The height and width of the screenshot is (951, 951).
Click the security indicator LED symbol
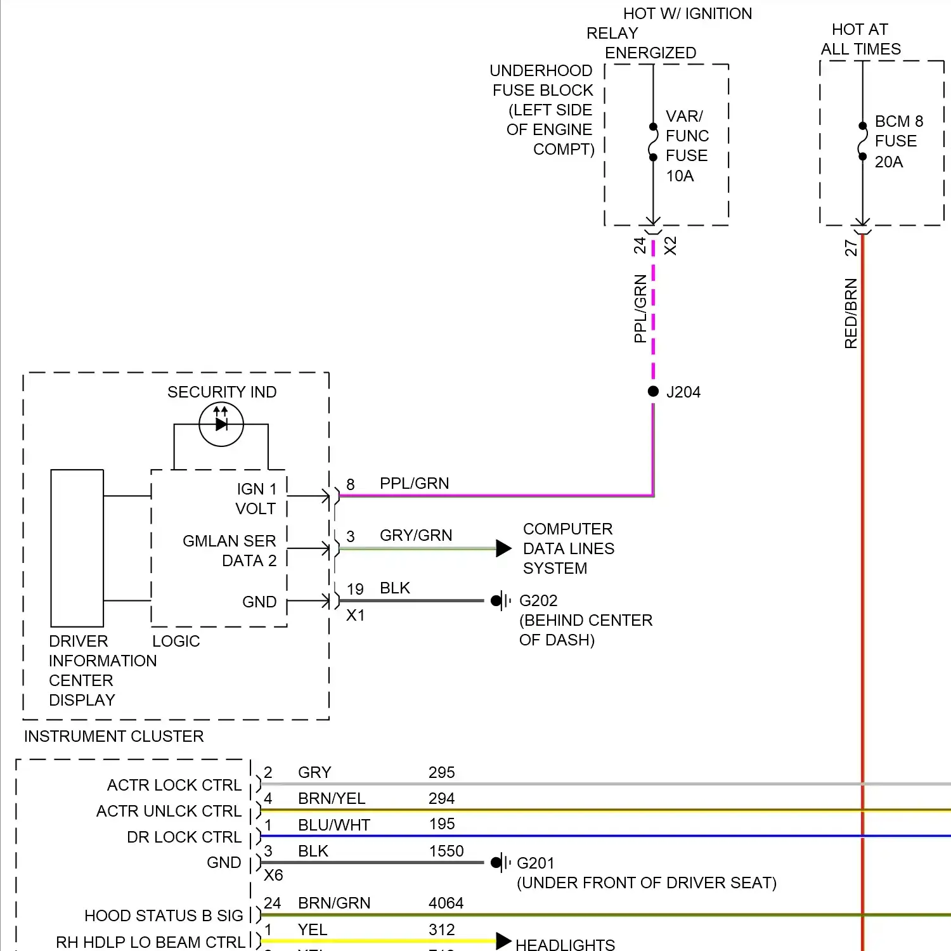221,424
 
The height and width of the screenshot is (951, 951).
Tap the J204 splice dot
653,391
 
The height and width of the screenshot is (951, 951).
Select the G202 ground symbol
500,600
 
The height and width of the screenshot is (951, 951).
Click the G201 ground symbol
500,862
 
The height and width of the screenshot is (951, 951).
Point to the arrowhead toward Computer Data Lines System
503,548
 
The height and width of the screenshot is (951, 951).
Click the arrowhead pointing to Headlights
503,941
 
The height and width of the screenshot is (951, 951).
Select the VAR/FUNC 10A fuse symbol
653,142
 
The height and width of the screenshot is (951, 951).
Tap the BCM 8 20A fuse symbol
862,141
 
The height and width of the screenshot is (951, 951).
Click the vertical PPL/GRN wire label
640,309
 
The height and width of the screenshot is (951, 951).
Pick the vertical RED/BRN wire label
851,314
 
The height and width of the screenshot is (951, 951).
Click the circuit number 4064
446,903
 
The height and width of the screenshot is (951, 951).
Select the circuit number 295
441,772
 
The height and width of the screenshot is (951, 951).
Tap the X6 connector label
273,876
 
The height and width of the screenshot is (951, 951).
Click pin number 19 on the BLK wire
355,589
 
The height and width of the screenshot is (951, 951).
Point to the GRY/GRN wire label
416,536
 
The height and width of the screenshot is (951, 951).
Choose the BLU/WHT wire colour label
334,825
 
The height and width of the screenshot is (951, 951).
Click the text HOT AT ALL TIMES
860,39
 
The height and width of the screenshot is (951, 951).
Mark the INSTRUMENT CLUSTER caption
114,736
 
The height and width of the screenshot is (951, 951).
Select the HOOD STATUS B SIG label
164,915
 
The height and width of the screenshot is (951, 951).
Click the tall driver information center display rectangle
77,548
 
